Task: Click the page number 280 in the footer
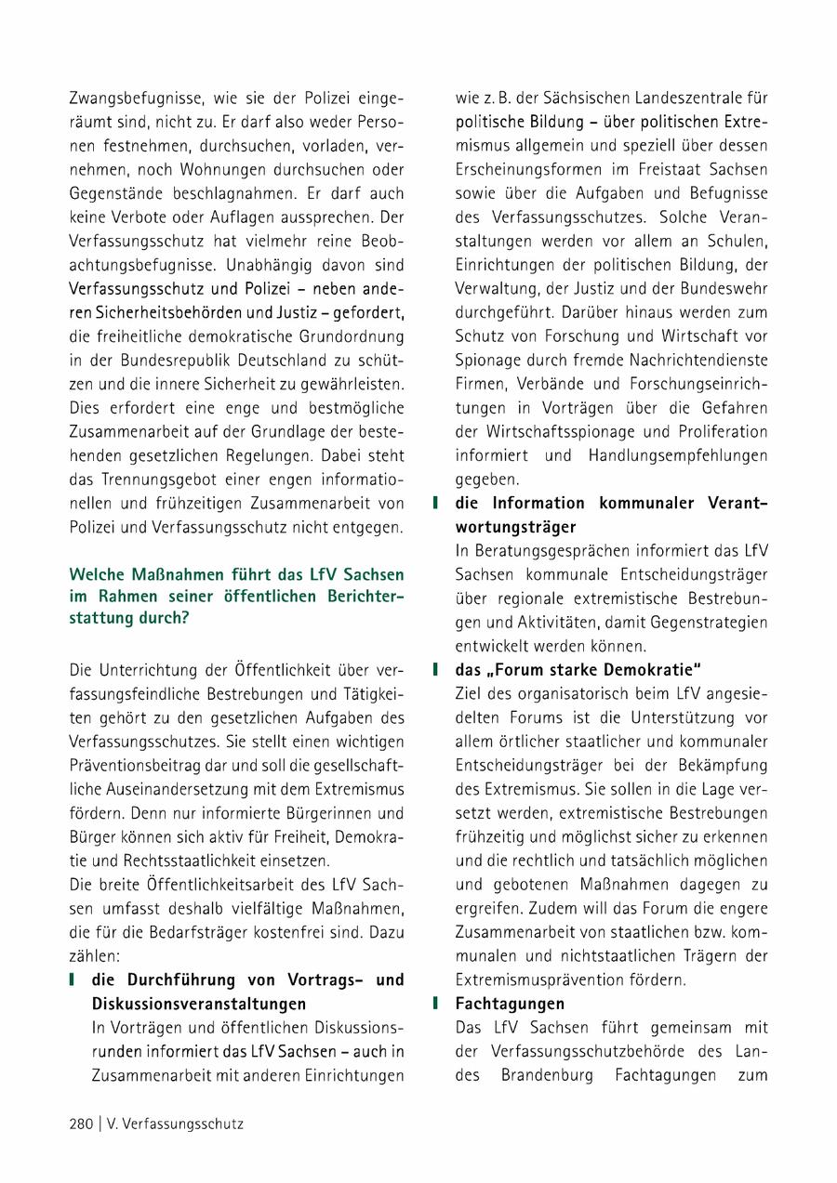81,1124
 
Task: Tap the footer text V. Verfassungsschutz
173,1124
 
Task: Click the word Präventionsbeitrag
126,766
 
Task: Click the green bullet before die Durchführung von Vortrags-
72,980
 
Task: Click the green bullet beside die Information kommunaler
435,503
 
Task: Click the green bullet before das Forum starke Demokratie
435,669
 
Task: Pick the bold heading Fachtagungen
510,1004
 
